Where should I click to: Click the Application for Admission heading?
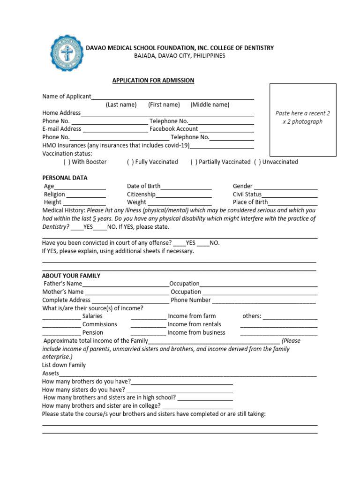[153, 80]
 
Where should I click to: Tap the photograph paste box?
[303, 120]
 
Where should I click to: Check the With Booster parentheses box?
[67, 162]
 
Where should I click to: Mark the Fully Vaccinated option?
[130, 162]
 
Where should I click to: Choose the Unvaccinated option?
[257, 162]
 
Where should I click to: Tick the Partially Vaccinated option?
[194, 162]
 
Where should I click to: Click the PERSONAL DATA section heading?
[65, 178]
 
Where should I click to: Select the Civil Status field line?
[290, 195]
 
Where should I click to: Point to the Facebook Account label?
[173, 129]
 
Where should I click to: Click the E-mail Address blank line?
[115, 130]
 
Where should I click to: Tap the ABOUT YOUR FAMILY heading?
[71, 276]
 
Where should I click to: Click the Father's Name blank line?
[126, 285]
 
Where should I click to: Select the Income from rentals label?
[194, 324]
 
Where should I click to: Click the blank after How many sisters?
[180, 390]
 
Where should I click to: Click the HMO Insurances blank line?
[222, 146]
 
